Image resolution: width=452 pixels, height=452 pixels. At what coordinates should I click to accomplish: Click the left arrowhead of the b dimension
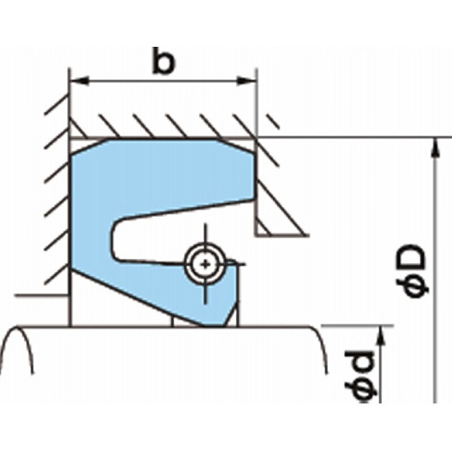80,81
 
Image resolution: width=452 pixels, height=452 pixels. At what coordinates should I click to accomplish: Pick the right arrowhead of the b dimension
246,81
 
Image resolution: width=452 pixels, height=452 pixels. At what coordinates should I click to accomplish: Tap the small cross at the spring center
205,264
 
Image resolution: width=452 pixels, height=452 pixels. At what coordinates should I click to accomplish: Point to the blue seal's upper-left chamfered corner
89,147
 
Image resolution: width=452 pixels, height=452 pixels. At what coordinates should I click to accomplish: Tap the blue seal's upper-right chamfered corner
236,146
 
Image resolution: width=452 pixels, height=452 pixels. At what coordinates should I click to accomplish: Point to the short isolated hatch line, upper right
273,121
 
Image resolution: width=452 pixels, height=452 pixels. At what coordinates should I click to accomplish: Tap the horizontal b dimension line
163,81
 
